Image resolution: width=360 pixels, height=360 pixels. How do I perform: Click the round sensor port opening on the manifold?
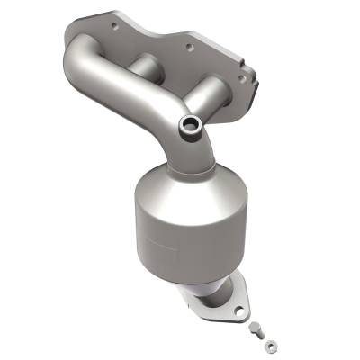(191, 124)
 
